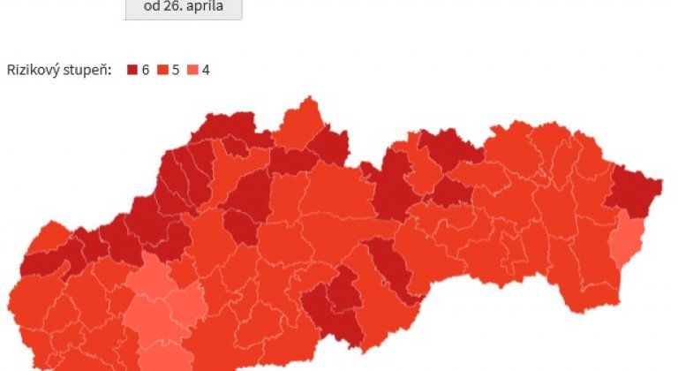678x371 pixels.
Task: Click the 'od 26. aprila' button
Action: [x=183, y=8]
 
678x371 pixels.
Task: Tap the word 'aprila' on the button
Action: [x=205, y=8]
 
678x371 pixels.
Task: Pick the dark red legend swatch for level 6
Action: [x=132, y=69]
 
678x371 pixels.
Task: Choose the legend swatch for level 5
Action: [x=163, y=69]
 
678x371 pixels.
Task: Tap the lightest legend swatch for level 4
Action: [x=194, y=69]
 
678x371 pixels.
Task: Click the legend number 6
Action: [x=145, y=69]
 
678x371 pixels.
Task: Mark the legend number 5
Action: [x=176, y=69]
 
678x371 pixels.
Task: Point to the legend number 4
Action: [x=206, y=69]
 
